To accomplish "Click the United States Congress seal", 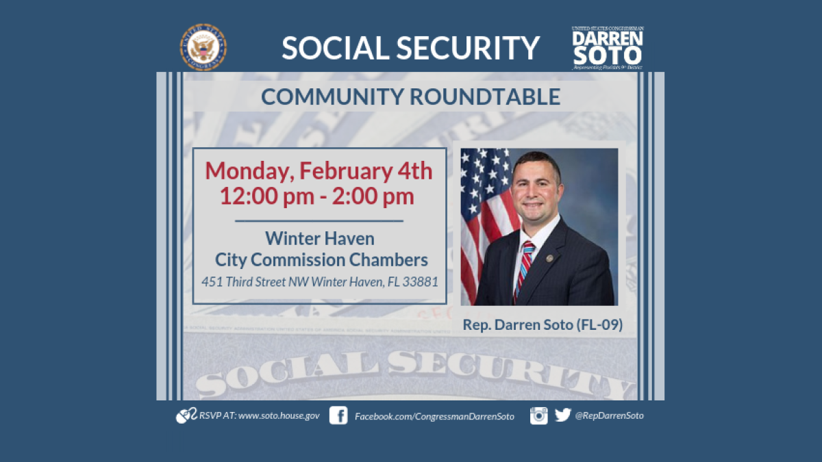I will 203,47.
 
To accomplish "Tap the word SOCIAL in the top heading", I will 335,47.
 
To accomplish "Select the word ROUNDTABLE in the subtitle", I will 485,97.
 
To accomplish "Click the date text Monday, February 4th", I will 319,170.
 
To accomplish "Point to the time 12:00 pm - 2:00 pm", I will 316,196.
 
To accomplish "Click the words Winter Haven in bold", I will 320,239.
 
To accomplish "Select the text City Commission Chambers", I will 321,260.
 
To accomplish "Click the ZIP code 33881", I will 420,281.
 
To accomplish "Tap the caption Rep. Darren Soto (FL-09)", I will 543,324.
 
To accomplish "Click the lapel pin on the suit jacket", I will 549,258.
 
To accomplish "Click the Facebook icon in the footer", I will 338,415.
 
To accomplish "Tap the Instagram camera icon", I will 539,415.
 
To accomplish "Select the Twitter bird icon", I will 562,415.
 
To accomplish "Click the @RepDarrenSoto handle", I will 609,415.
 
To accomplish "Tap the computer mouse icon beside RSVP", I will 186,415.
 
